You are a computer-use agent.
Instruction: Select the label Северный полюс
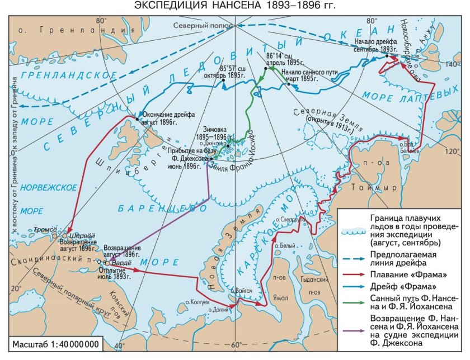tap(199, 26)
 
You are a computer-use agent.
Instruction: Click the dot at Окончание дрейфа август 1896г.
tap(137, 118)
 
